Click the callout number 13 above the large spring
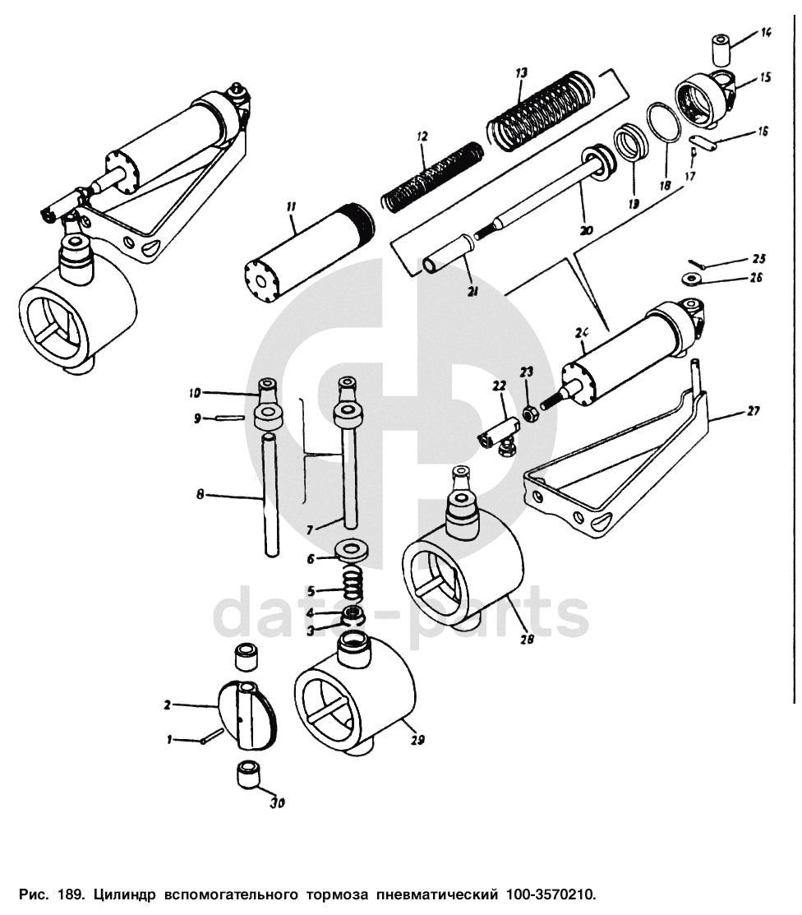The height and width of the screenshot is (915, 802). click(x=521, y=73)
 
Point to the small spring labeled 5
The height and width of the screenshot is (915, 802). click(x=352, y=585)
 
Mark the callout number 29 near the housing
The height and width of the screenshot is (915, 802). click(x=417, y=740)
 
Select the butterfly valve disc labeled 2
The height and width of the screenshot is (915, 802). click(x=248, y=714)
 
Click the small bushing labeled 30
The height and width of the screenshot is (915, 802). click(x=248, y=774)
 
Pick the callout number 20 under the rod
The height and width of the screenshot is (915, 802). click(x=586, y=231)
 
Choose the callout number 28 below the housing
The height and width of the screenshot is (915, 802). click(x=526, y=639)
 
